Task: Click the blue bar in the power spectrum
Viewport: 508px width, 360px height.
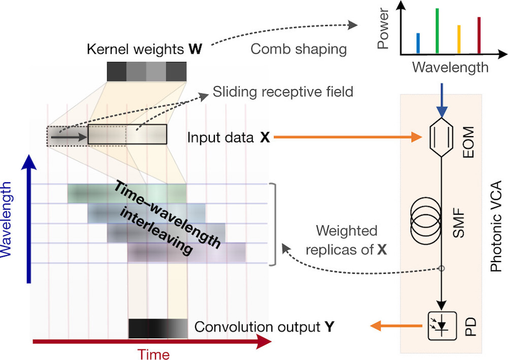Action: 418,43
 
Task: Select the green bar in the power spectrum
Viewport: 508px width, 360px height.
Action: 437,31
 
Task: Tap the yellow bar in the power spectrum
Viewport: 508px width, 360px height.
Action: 459,39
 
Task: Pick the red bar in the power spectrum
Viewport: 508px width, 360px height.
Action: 479,35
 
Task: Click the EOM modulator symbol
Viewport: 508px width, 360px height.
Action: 441,137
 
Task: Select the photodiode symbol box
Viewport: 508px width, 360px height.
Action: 442,325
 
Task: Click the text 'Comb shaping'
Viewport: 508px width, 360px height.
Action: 298,49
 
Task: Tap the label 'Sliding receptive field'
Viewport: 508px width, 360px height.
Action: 283,91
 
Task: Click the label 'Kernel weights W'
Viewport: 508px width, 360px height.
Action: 144,49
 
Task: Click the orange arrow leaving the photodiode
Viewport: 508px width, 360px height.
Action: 396,325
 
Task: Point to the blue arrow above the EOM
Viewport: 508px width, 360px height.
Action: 441,101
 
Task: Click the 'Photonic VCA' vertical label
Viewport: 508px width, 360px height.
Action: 496,226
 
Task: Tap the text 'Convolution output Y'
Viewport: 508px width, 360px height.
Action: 264,327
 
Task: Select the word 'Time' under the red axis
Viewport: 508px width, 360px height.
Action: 153,354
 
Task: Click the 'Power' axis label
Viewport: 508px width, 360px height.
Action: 383,29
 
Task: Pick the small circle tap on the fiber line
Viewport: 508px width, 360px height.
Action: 441,269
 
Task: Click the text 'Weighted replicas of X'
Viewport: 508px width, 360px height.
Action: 346,240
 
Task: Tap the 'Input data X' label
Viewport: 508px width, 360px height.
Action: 229,137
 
